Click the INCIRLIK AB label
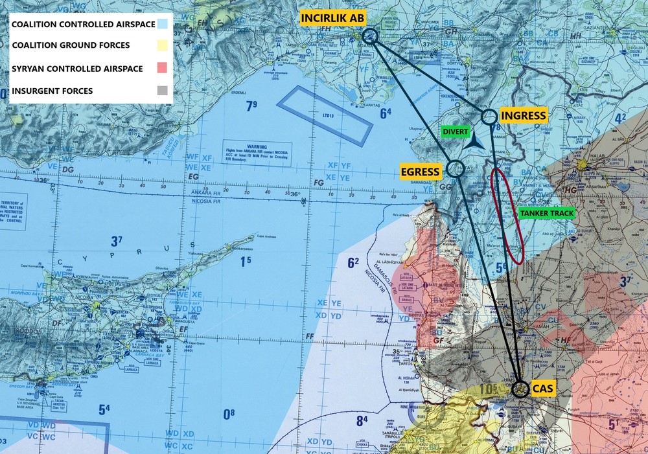pos(331,18)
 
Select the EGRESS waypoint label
pos(421,172)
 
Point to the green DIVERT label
pos(456,131)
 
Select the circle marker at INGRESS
pos(490,117)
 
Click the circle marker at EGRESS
pos(454,169)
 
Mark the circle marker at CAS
pos(520,389)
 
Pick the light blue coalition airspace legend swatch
pos(162,25)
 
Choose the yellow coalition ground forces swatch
pos(162,45)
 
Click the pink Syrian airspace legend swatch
pos(162,68)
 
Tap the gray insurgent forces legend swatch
pos(162,91)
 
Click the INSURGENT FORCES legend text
pos(51,91)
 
